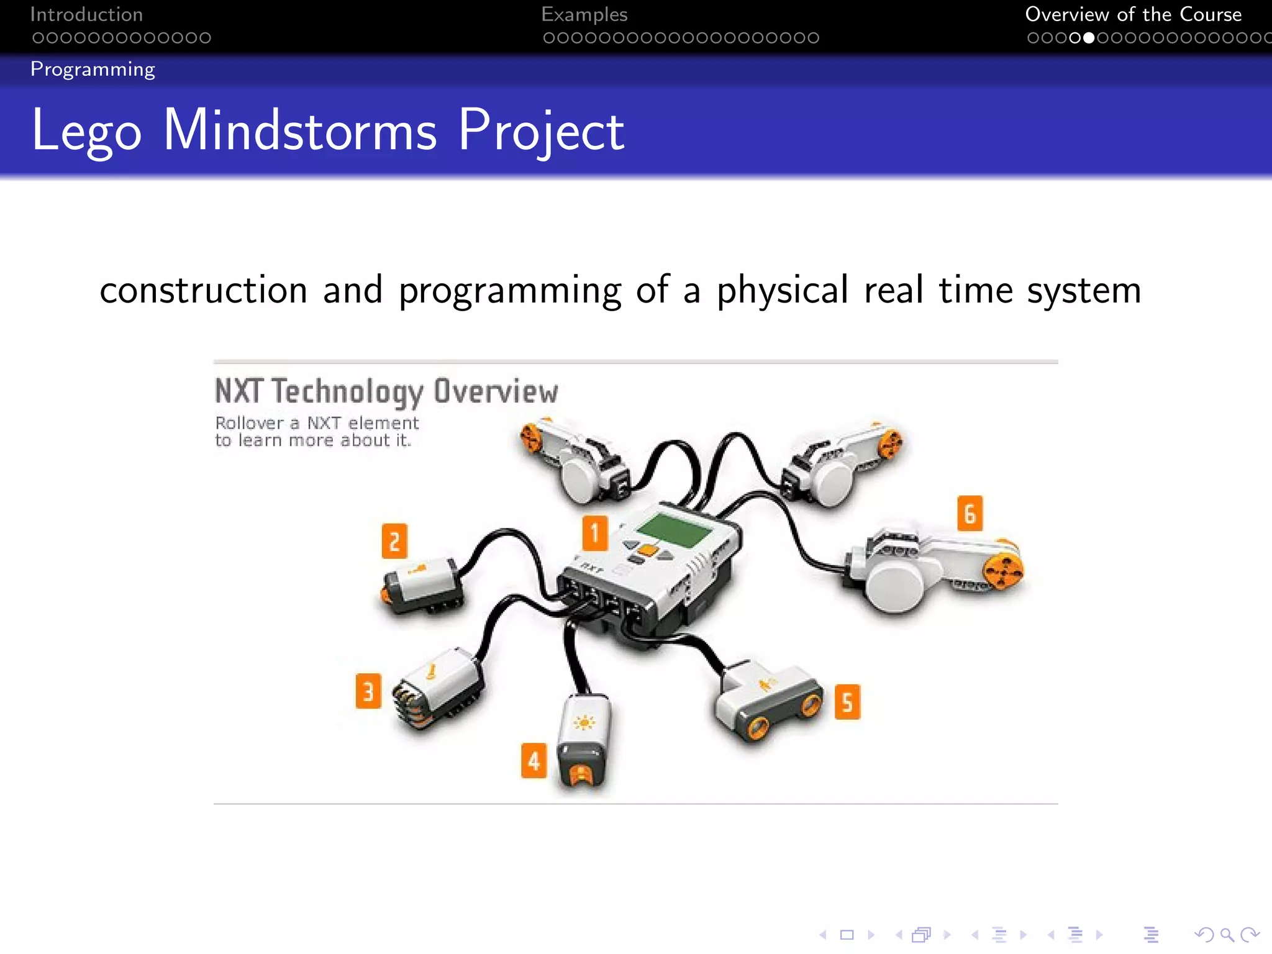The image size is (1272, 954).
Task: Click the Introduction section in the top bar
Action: tap(86, 14)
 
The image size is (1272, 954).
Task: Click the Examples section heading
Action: tap(584, 14)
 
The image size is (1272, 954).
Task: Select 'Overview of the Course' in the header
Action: tap(1133, 14)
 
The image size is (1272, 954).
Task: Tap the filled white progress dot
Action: tap(1089, 38)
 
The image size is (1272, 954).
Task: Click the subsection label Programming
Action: tap(93, 69)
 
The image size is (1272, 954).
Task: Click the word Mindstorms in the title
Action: tap(299, 130)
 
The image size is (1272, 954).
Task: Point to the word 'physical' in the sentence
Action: tap(783, 290)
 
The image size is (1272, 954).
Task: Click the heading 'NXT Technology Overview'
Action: tap(386, 391)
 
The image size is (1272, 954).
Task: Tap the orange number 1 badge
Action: tap(594, 533)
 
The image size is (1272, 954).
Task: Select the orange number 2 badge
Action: tap(394, 541)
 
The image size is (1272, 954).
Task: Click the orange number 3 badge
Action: tap(368, 691)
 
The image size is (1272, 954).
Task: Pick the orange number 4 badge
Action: tap(534, 760)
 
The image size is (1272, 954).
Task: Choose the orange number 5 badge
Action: tap(847, 702)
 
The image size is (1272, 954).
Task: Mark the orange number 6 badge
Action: tap(970, 513)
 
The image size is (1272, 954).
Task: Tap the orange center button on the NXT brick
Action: tap(648, 550)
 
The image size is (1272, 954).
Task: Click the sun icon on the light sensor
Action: tap(584, 722)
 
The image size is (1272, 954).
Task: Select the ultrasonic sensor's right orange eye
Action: tap(811, 705)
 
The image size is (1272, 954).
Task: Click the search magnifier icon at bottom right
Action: tap(1226, 935)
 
